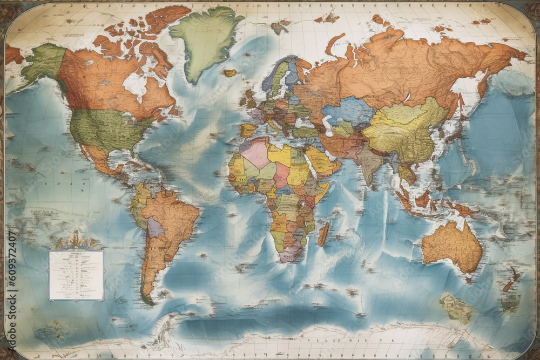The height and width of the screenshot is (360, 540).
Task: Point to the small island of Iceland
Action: (230, 73)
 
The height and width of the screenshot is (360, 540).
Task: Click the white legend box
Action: (76, 275)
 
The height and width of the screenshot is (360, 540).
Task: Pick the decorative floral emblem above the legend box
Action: (76, 240)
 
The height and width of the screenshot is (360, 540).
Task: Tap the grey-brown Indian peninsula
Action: (370, 162)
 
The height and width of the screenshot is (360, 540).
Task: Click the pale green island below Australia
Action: (456, 308)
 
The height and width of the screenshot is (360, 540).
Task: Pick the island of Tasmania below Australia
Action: (468, 279)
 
